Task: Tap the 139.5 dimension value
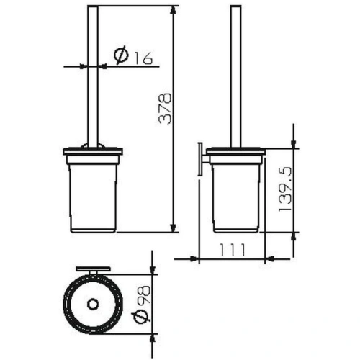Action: [284, 192]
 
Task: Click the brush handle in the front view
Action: [92, 79]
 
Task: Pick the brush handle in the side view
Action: [235, 79]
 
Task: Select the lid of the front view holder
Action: [92, 152]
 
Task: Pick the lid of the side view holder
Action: [235, 152]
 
